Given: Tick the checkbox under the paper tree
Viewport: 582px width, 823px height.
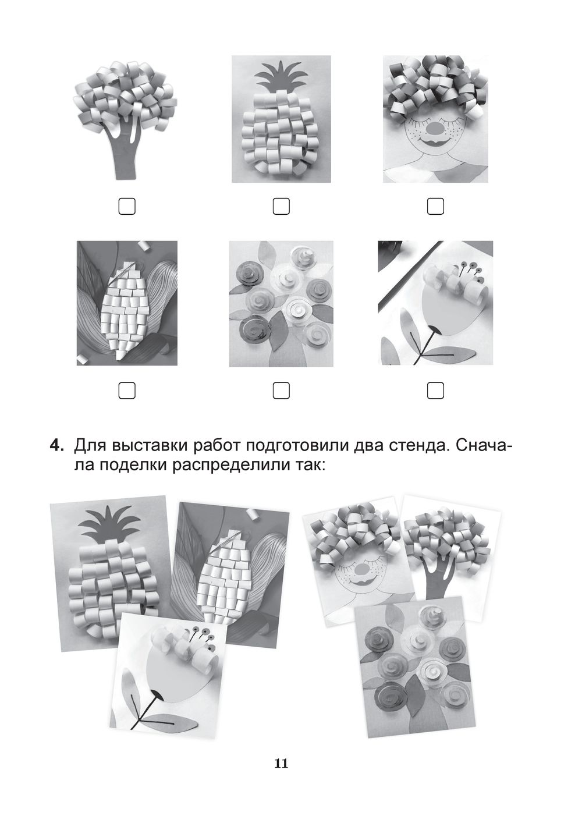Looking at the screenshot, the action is pos(127,206).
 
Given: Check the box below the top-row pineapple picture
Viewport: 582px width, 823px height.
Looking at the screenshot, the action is pos(281,206).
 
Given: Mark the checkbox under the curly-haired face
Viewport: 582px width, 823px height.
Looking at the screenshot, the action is pos(435,206).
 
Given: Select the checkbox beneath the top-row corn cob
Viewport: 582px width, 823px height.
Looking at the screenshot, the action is pos(127,391).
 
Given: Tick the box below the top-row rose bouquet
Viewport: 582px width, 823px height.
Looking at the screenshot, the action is pos(281,391).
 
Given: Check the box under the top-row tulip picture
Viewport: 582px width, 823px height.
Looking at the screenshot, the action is pos(435,391).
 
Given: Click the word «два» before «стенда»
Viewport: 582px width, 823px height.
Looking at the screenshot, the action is pos(369,447).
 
